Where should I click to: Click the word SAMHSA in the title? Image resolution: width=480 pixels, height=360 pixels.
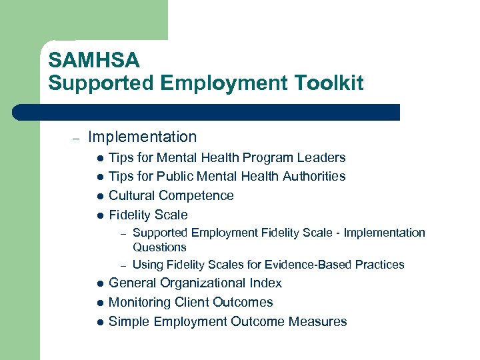tap(94, 61)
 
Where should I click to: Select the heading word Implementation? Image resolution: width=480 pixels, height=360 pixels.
tap(142, 137)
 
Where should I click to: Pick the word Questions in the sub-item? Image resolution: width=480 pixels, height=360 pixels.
tap(159, 247)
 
